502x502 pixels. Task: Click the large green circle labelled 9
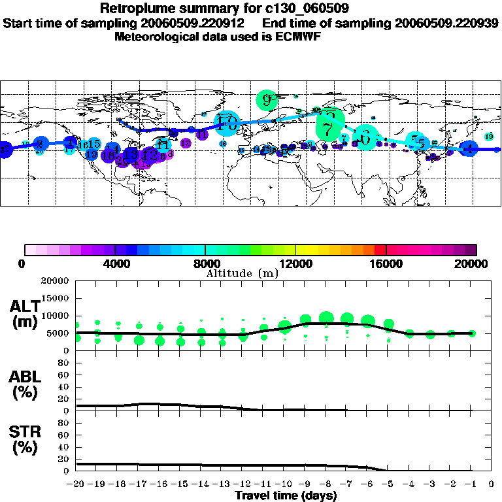[x=267, y=100]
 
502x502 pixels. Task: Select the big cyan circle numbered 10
[x=227, y=122]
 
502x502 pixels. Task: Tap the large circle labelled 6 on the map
[x=365, y=137]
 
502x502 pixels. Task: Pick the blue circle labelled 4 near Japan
[x=468, y=149]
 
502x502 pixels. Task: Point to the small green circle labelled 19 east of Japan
[x=490, y=136]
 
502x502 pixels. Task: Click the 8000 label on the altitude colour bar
[x=205, y=264]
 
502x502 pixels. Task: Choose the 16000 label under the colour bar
[x=386, y=264]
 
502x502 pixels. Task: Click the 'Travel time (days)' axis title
[x=286, y=495]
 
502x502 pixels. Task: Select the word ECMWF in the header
[x=298, y=37]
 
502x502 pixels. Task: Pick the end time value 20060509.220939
[x=446, y=23]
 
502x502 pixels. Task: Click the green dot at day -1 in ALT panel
[x=471, y=333]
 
